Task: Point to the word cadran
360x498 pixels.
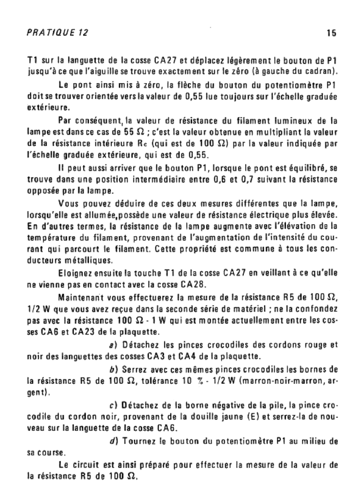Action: [x=319, y=72]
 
